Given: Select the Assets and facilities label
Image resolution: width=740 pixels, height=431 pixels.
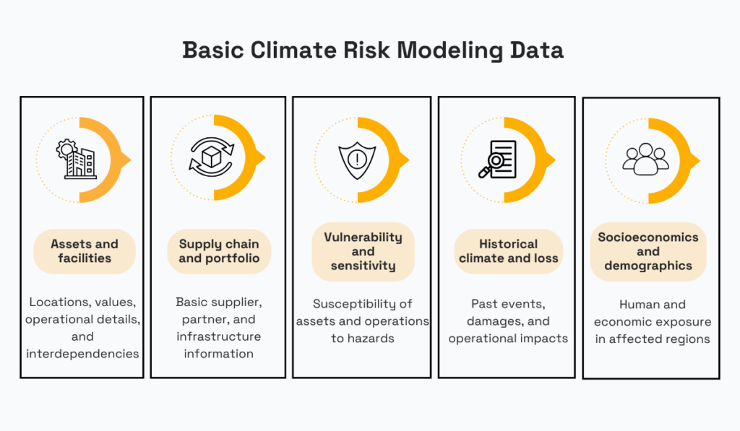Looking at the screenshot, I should pos(85,251).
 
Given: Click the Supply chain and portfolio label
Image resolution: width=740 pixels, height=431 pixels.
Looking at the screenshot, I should pos(219,251).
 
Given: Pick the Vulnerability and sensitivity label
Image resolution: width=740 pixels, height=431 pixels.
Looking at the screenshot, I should pos(363,251).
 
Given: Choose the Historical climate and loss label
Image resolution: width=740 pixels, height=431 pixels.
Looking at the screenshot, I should pos(508,251).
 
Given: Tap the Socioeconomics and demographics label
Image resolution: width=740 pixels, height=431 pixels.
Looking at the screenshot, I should pos(648,251).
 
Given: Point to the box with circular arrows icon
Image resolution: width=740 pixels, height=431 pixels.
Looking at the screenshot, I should pos(211,157).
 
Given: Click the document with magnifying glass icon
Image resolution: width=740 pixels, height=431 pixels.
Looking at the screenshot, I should pos(498,159).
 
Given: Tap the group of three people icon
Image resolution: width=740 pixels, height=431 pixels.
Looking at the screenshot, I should pos(645,159).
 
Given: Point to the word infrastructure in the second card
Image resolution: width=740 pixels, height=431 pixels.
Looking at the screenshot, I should pos(219,336).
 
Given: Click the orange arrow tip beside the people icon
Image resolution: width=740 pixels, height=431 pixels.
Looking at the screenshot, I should pos(696,160).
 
